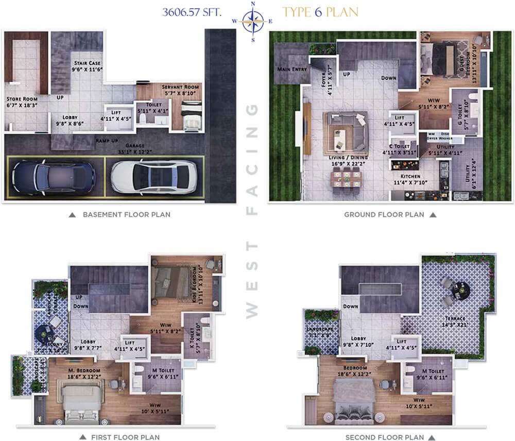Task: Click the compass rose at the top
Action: [253, 21]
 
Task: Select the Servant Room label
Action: [180, 87]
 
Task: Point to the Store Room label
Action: [22, 98]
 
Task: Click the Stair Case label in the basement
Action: [87, 63]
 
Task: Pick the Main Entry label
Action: [292, 69]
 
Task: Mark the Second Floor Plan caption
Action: [384, 437]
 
